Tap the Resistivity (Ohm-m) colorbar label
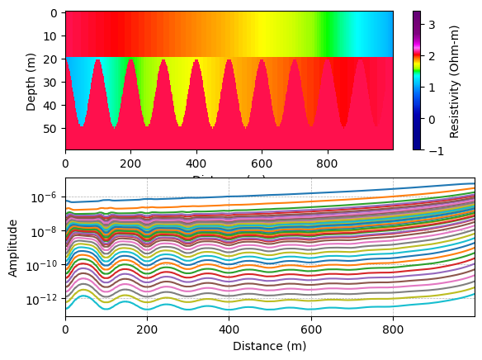click(454, 80)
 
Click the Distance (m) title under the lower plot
click(269, 346)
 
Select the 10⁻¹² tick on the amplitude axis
click(44, 299)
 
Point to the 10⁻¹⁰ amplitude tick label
click(44, 265)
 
